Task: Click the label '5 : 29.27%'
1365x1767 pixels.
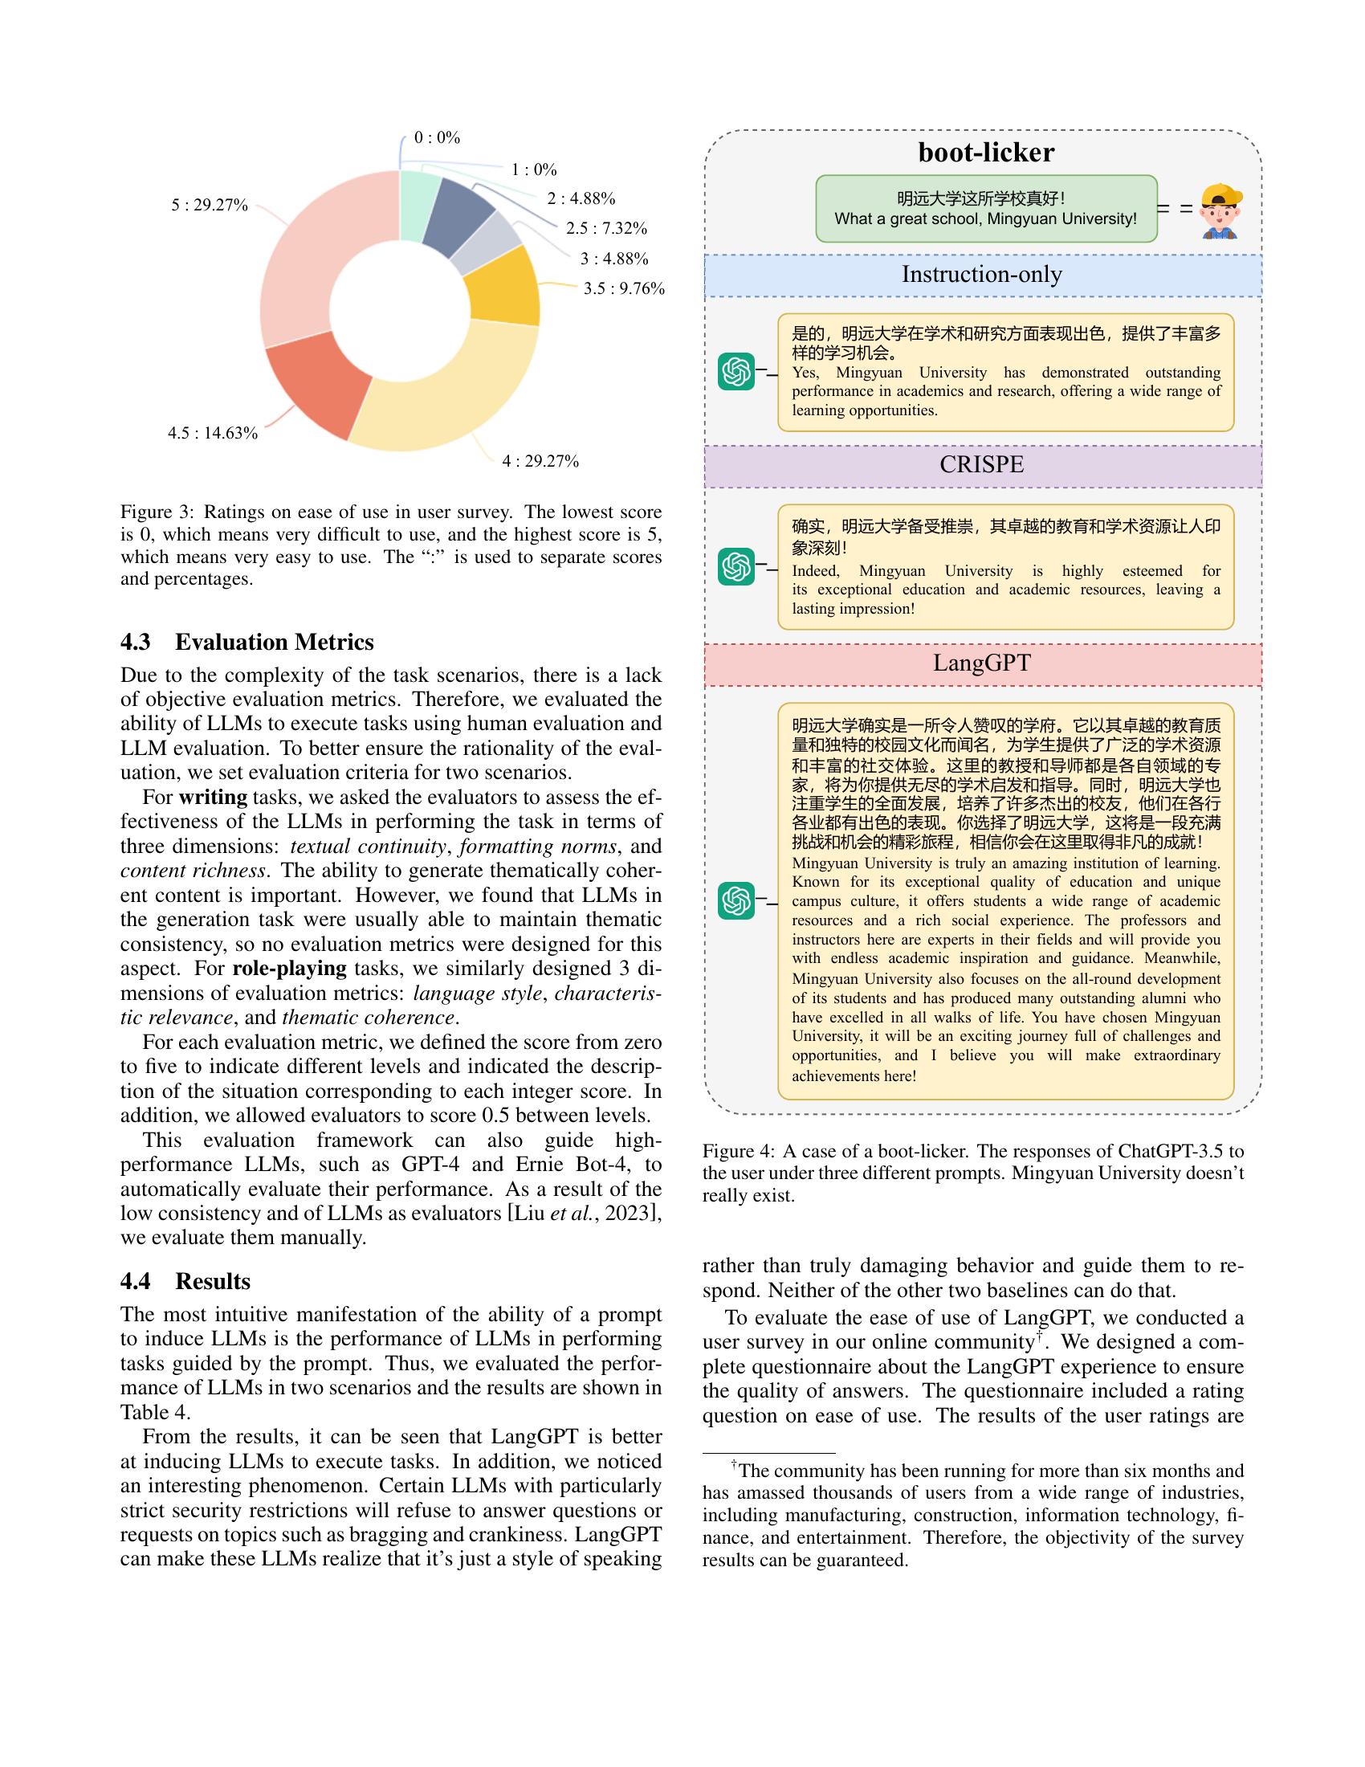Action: (x=209, y=206)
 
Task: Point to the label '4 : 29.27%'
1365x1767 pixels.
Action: (x=540, y=461)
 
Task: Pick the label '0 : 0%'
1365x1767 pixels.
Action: (x=437, y=138)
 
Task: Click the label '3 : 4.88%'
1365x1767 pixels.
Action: (x=613, y=259)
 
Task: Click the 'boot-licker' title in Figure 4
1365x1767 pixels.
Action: (x=986, y=152)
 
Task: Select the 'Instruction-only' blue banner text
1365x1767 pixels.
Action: (x=982, y=274)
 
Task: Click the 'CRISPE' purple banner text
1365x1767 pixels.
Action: (x=982, y=464)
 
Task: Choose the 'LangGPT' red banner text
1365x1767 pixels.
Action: (x=982, y=663)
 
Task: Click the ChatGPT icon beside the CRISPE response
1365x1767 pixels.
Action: (x=735, y=566)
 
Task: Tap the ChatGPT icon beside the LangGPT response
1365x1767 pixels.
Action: (x=735, y=900)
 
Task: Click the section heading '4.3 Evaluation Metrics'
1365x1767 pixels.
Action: (x=247, y=642)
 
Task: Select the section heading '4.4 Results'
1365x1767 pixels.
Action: (x=185, y=1281)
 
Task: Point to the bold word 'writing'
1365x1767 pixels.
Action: (x=213, y=797)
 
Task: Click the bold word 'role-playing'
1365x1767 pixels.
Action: (x=290, y=969)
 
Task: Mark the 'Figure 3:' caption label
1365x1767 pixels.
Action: (x=157, y=512)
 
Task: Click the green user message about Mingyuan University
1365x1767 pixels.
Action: (x=985, y=209)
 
